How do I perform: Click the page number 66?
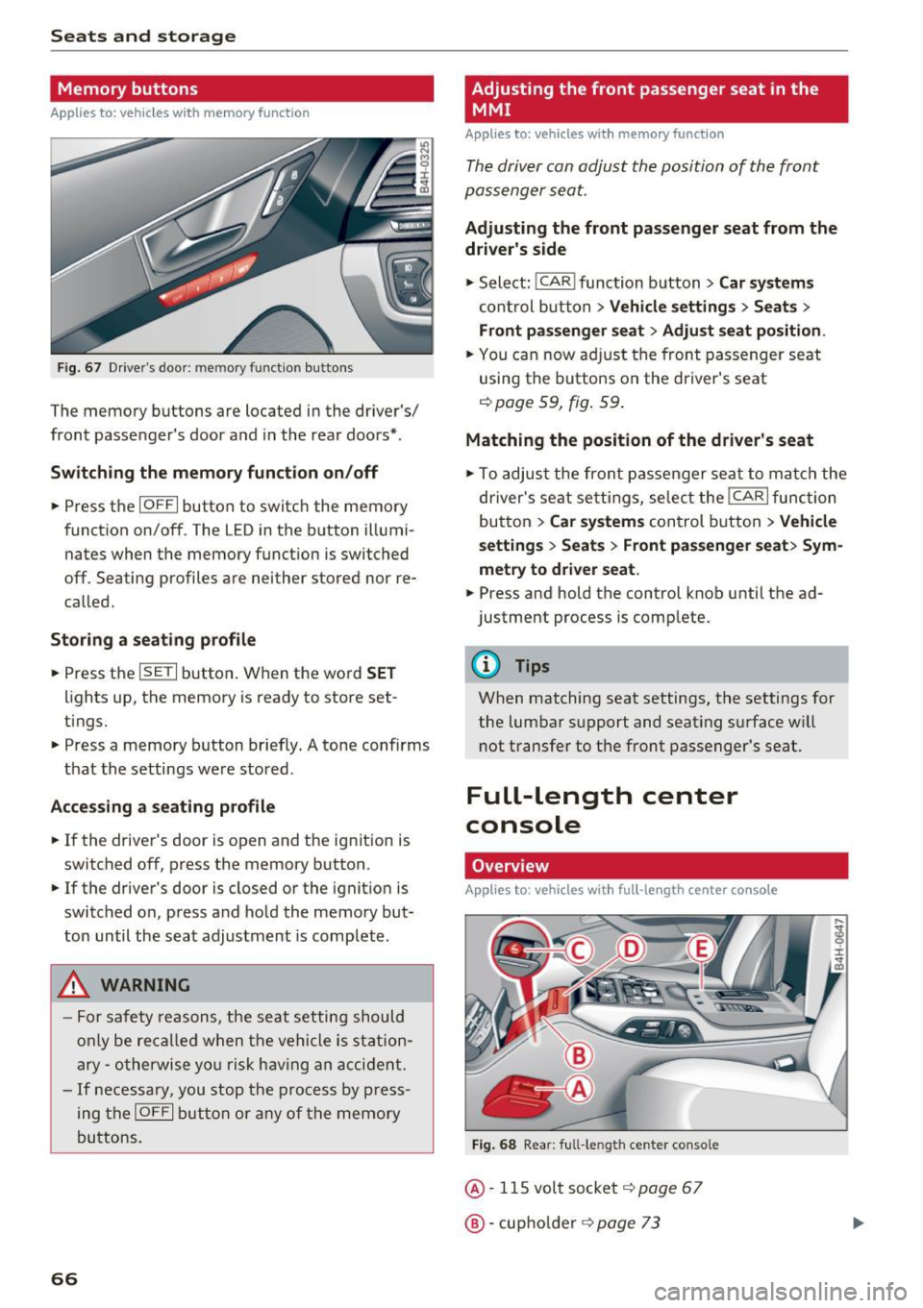point(64,1278)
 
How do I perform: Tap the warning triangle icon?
point(75,985)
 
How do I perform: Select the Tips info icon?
point(487,665)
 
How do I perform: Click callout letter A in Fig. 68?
point(579,1089)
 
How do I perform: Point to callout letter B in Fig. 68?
point(579,1056)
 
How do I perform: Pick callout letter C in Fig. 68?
point(579,950)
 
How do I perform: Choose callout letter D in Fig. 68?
point(632,950)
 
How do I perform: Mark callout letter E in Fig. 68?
point(701,950)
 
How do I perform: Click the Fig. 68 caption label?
point(493,1145)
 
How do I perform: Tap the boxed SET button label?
point(158,673)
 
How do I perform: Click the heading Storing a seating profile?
point(153,640)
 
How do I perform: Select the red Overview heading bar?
point(656,866)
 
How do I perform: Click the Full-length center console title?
point(601,810)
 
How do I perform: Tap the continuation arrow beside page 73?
point(859,1222)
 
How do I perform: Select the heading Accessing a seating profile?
point(162,807)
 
